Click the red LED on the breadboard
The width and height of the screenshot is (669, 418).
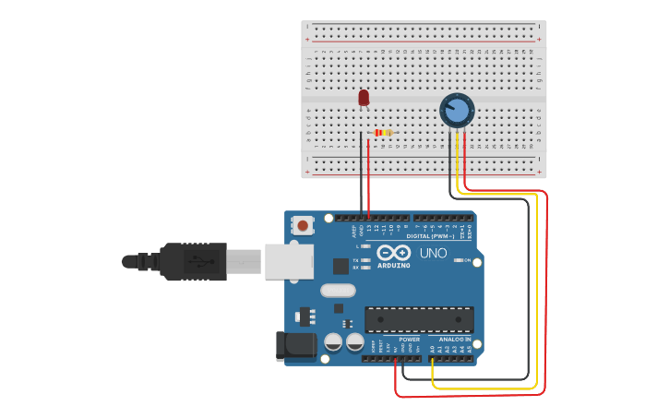pyautogui.click(x=364, y=97)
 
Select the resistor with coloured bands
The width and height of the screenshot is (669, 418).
pyautogui.click(x=383, y=133)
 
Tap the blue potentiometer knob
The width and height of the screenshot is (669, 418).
pyautogui.click(x=456, y=111)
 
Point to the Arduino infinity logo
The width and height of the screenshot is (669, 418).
pyautogui.click(x=393, y=253)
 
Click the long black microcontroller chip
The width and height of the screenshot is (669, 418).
pyautogui.click(x=419, y=319)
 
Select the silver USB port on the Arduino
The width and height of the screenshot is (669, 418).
pyautogui.click(x=289, y=260)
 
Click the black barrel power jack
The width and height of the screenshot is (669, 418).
pyautogui.click(x=295, y=347)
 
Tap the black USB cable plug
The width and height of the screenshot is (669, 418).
pyautogui.click(x=193, y=261)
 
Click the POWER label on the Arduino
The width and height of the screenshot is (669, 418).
pyautogui.click(x=409, y=340)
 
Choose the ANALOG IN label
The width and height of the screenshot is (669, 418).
pyautogui.click(x=455, y=340)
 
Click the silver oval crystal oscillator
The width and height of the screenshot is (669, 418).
pyautogui.click(x=339, y=290)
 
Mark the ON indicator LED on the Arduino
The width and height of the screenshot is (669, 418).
pyautogui.click(x=459, y=261)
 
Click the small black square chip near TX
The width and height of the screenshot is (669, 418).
pyautogui.click(x=340, y=266)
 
